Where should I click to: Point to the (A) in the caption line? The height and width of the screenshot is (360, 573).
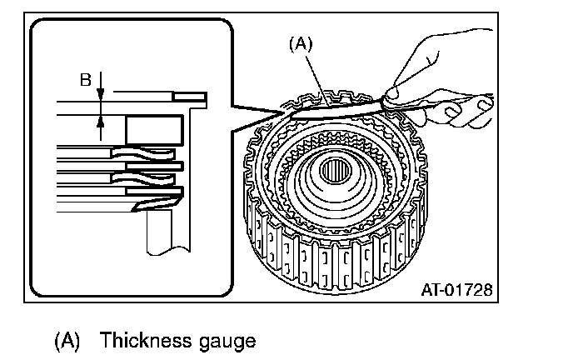point(68,341)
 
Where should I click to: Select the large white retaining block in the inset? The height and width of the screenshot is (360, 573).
point(153,130)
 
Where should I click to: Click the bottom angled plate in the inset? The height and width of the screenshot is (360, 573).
point(153,197)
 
